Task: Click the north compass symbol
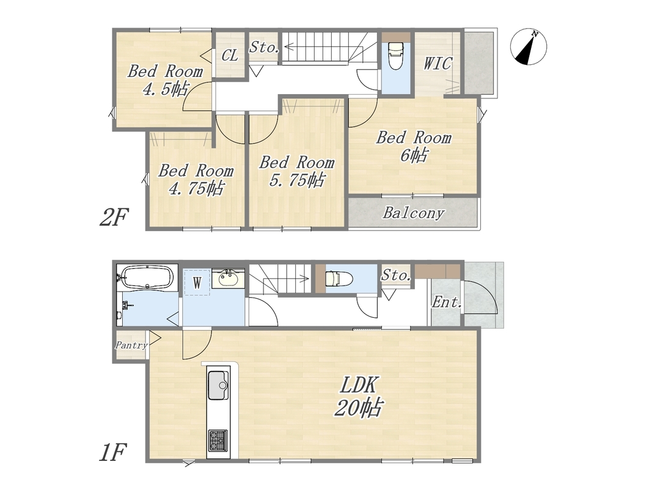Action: click(x=529, y=46)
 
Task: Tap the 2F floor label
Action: click(x=114, y=218)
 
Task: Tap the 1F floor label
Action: click(x=112, y=452)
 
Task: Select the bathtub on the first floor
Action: click(x=147, y=276)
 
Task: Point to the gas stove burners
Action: click(x=218, y=440)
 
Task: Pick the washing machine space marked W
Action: click(x=197, y=283)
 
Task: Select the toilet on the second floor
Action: click(x=395, y=57)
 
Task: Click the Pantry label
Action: click(x=131, y=345)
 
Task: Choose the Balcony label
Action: click(x=413, y=213)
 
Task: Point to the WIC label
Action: click(x=438, y=63)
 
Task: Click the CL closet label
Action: click(x=230, y=55)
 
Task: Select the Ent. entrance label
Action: click(x=447, y=302)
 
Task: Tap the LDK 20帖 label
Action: click(x=358, y=396)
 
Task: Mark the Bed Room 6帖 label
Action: click(x=414, y=146)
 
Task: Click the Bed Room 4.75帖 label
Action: click(x=196, y=180)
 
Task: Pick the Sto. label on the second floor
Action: click(x=264, y=47)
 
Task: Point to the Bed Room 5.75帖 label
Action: click(x=297, y=171)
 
